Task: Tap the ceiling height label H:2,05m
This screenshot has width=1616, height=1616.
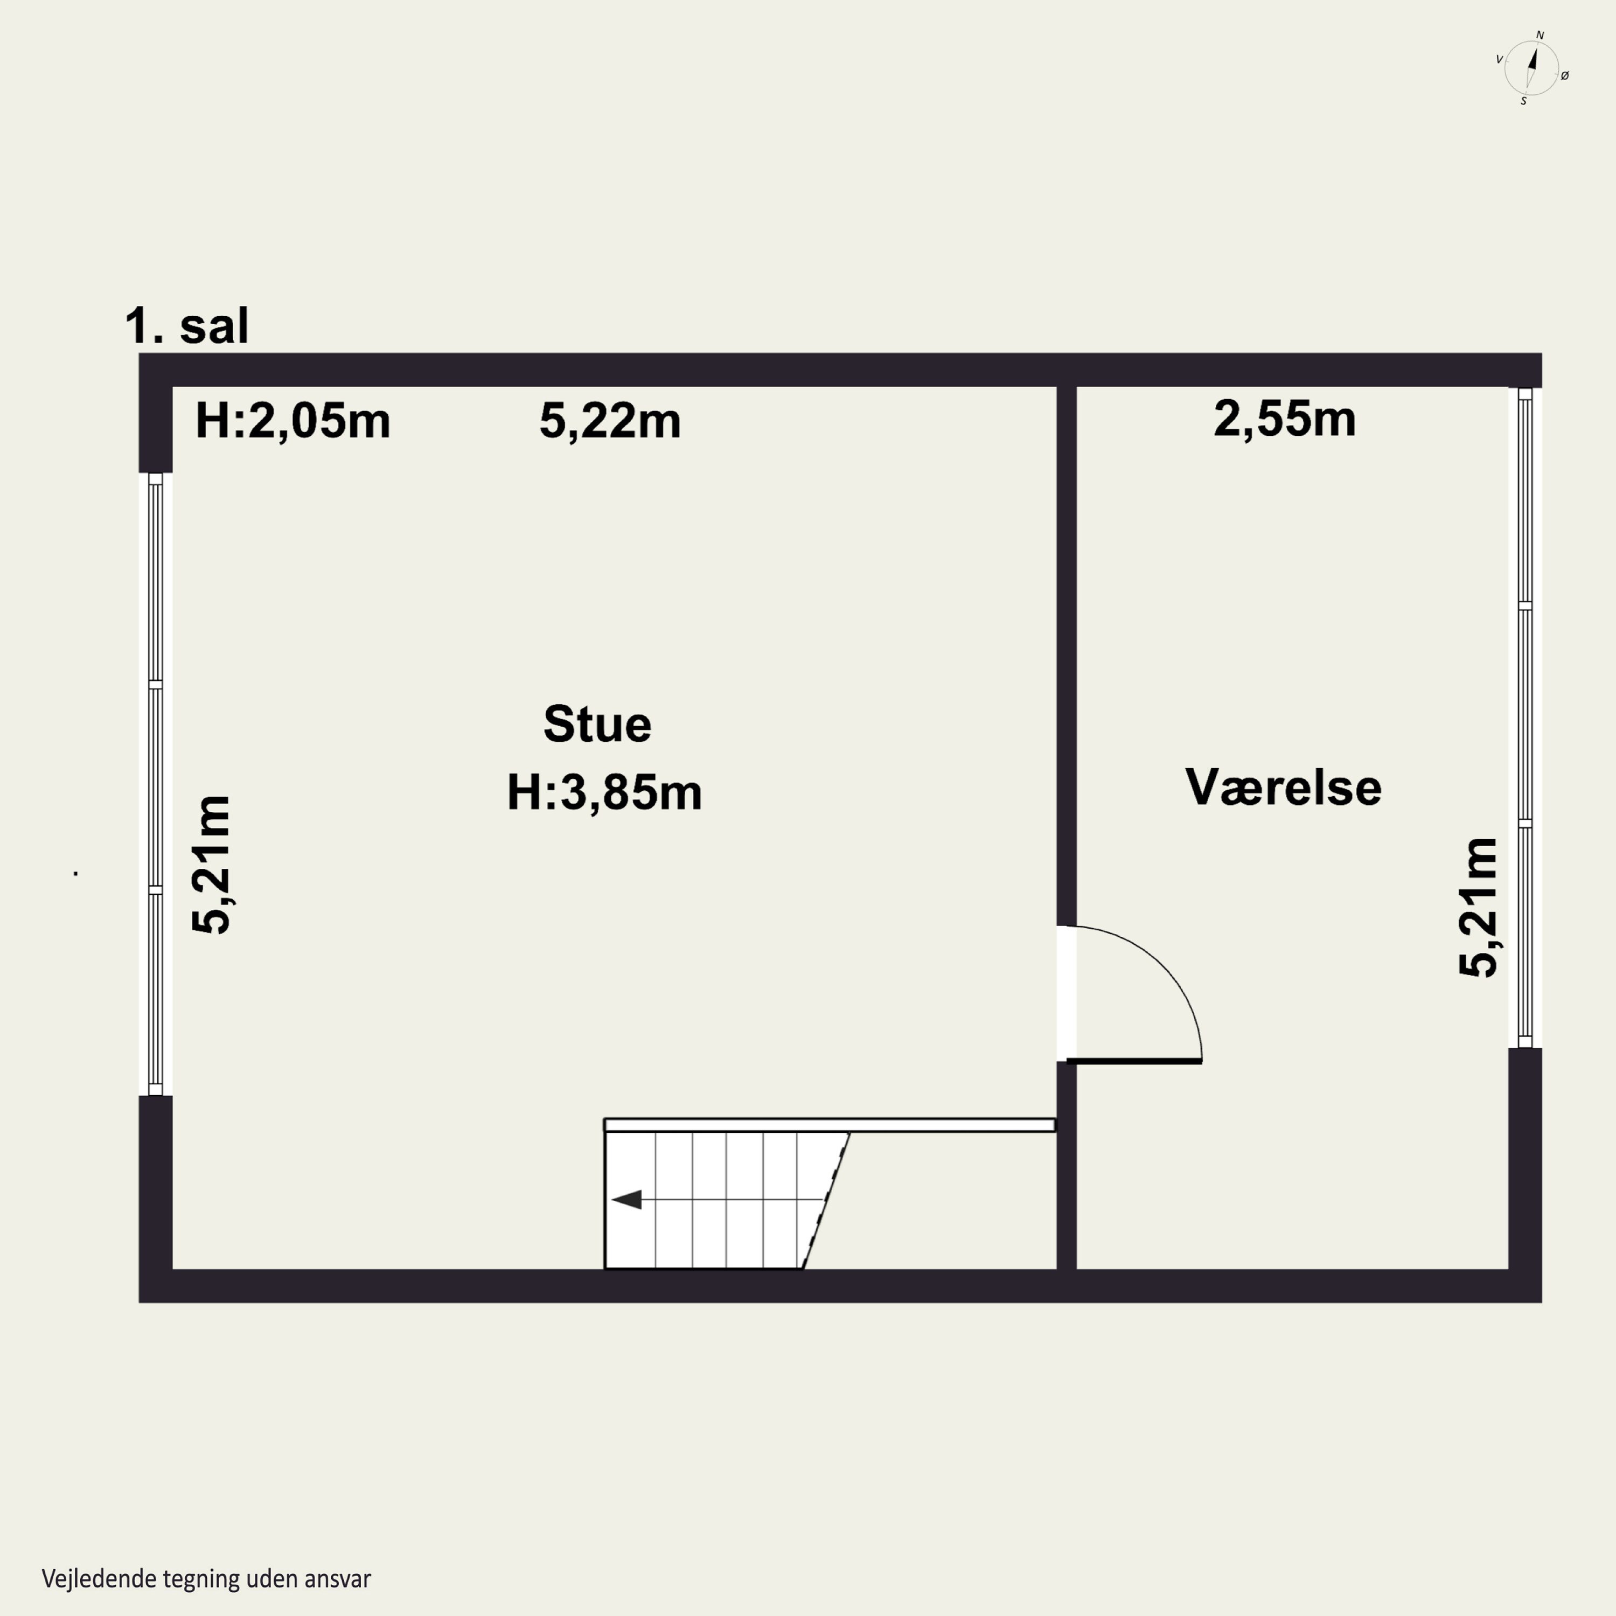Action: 292,420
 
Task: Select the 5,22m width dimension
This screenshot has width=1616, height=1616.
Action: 610,420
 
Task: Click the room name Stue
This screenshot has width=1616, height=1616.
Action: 597,725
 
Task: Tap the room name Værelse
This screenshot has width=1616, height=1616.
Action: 1283,787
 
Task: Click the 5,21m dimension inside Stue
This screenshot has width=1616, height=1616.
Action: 211,864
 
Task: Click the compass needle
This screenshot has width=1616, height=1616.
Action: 1533,67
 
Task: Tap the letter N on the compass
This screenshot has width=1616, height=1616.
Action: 1540,35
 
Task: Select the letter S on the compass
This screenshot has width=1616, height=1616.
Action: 1523,101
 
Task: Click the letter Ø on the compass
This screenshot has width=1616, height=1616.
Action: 1565,75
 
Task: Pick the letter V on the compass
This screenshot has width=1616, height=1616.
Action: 1499,59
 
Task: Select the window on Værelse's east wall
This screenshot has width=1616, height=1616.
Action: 1525,717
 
